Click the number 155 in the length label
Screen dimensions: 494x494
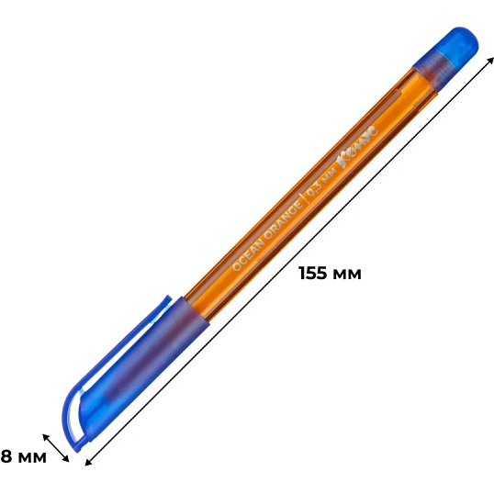click(316, 274)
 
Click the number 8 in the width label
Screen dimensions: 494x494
click(6, 455)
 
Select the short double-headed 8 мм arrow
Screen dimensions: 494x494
click(57, 446)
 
